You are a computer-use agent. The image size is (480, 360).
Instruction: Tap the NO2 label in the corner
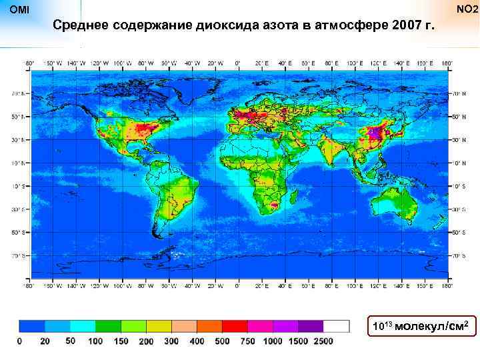point(466,10)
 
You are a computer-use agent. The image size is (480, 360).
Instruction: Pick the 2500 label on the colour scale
point(323,341)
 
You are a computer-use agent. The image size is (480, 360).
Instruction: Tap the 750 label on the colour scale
point(247,341)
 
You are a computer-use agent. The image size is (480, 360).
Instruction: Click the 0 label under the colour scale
point(19,341)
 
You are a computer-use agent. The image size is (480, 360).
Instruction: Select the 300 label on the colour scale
point(171,341)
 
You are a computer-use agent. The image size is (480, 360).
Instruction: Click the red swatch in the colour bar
point(235,326)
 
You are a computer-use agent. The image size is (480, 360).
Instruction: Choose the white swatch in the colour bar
point(336,326)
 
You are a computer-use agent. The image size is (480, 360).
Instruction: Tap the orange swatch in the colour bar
point(209,326)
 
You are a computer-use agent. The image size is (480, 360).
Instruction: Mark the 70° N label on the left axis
point(21,93)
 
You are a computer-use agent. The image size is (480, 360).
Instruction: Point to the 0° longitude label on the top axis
point(239,63)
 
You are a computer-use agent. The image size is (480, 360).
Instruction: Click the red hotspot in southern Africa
point(273,207)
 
